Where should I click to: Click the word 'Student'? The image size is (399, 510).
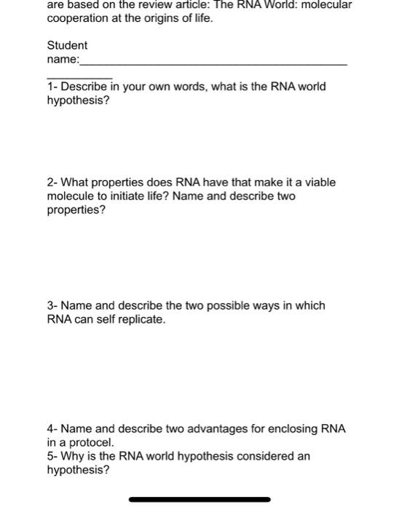pos(67,45)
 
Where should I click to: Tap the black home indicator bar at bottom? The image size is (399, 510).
pos(199,500)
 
